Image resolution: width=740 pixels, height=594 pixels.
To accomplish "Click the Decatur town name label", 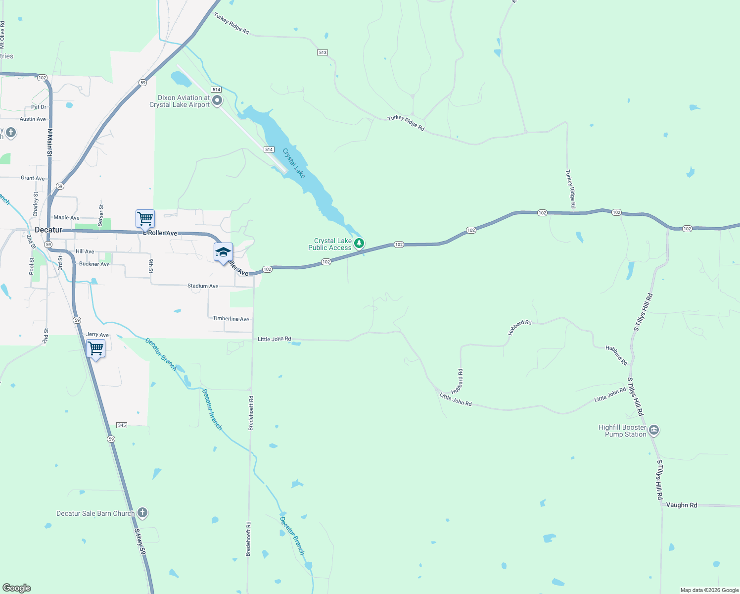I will [48, 230].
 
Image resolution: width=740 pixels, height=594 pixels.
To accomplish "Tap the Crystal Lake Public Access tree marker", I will [359, 243].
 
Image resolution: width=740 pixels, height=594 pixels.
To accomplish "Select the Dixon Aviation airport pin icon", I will [217, 101].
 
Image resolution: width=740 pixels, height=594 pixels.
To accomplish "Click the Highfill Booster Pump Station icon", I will [654, 430].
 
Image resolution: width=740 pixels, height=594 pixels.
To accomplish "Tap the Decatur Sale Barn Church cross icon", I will [142, 513].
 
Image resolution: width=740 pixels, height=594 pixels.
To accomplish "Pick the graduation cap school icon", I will [223, 252].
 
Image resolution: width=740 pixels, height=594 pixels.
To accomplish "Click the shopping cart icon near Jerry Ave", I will [95, 348].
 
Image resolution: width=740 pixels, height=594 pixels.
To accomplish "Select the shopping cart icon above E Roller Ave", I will [145, 218].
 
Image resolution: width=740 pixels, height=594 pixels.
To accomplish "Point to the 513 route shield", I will [323, 52].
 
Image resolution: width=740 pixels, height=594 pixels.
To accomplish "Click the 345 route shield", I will [122, 425].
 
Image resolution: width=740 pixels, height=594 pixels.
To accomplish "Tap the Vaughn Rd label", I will [681, 505].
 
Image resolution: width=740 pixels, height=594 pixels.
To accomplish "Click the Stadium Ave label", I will [203, 286].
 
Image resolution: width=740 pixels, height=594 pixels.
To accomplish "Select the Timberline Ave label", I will [231, 319].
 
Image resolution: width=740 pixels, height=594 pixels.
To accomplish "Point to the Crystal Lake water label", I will [294, 163].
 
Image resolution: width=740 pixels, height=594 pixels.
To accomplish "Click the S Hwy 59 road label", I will [141, 541].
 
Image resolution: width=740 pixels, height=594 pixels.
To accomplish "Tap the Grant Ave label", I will [33, 178].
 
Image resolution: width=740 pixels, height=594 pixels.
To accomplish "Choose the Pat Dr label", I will [39, 107].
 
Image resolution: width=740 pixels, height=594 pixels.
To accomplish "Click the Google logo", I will [17, 588].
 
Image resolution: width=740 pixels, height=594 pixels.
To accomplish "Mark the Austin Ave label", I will [33, 119].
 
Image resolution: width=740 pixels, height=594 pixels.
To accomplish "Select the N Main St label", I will [49, 143].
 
